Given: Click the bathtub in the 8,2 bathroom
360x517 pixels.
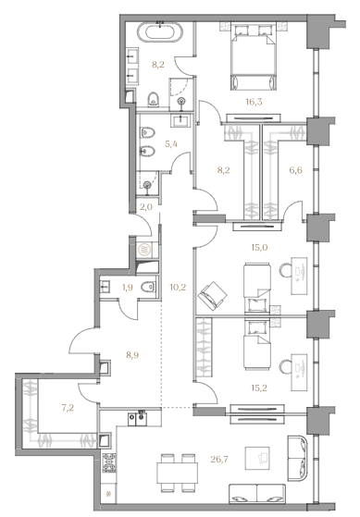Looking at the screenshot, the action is coord(160,32).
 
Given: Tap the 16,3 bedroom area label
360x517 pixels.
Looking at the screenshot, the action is coord(254,103).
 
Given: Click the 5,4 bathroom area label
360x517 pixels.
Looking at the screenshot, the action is coord(171,143).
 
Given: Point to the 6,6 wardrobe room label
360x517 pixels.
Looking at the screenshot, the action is coord(295,170).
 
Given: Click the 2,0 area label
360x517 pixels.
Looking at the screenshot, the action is coord(146,207).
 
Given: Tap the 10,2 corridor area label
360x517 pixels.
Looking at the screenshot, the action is coord(178,288).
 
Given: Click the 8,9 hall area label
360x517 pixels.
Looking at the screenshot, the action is coord(132,355).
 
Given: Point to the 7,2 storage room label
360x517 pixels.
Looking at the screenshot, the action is coord(68,408).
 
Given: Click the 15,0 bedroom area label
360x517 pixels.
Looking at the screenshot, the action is coord(259,247).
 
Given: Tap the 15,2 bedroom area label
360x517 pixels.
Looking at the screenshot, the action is coord(259,388).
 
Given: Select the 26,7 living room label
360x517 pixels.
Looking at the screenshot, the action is coord(219,459).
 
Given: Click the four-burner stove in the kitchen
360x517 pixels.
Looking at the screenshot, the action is coord(109,463).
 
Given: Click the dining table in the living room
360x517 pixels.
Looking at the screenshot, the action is coord(178,474).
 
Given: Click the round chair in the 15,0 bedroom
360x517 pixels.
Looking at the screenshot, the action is coord(285,271).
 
